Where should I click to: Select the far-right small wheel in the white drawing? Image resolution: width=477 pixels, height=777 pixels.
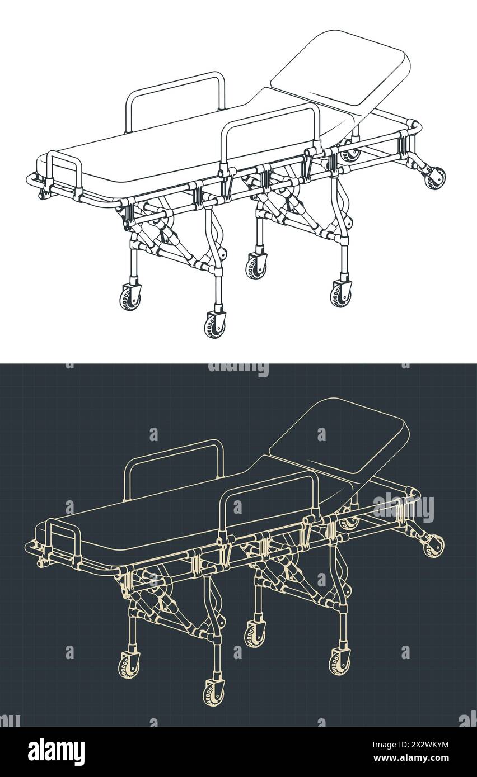(x=434, y=178)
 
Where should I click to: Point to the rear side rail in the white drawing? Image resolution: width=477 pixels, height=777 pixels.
(x=175, y=101)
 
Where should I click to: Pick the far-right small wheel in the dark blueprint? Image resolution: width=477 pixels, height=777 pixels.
(x=433, y=546)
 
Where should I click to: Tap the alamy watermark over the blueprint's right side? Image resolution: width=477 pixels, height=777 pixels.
(x=403, y=508)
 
